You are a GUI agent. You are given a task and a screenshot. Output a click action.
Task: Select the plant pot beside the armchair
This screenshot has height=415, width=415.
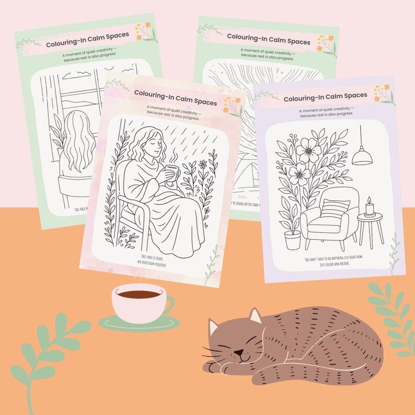pyautogui.click(x=293, y=240)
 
